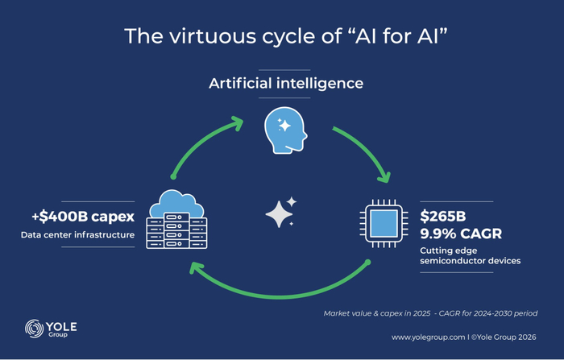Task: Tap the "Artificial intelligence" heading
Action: click(286, 83)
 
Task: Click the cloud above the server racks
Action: click(176, 201)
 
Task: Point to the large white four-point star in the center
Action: click(279, 214)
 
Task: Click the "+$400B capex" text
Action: click(81, 217)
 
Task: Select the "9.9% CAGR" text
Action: click(461, 234)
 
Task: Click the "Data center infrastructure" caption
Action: click(77, 235)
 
